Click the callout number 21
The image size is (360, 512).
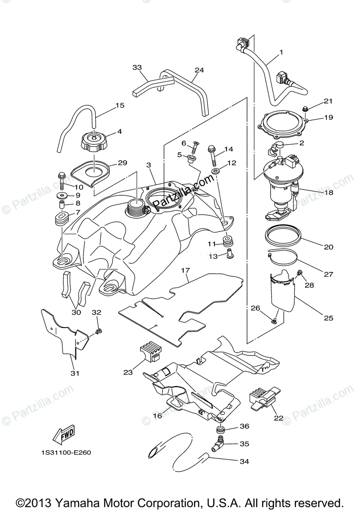point(328,101)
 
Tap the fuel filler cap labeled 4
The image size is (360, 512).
point(94,142)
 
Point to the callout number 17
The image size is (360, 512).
point(185,270)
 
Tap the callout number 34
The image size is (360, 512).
point(244,461)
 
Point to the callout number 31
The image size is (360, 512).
point(75,374)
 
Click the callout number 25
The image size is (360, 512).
point(328,318)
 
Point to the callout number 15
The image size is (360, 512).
point(120,105)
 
